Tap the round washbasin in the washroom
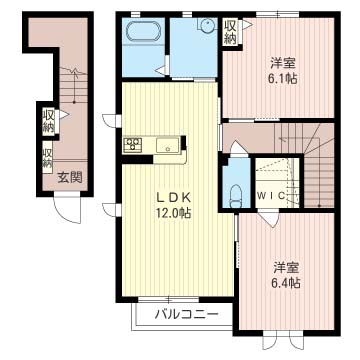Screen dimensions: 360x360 click(x=208, y=25)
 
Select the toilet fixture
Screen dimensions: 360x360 click(x=237, y=196)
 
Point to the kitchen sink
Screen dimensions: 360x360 click(x=168, y=146)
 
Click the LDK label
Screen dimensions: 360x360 click(x=174, y=198)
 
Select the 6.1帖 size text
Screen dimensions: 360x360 click(x=283, y=79)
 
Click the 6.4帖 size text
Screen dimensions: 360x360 click(x=287, y=283)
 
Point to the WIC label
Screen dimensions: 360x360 click(x=271, y=196)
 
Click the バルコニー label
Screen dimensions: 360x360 click(x=187, y=314)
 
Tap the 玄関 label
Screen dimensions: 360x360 click(x=70, y=178)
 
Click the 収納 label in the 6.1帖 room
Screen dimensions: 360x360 click(x=230, y=31)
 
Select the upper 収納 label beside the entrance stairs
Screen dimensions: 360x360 click(x=48, y=123)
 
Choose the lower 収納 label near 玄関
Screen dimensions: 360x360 click(x=48, y=157)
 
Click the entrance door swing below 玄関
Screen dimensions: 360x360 click(x=67, y=210)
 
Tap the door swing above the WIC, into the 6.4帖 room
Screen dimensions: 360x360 click(x=270, y=218)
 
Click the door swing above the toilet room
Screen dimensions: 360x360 click(x=239, y=148)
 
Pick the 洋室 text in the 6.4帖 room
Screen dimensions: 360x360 click(x=287, y=267)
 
